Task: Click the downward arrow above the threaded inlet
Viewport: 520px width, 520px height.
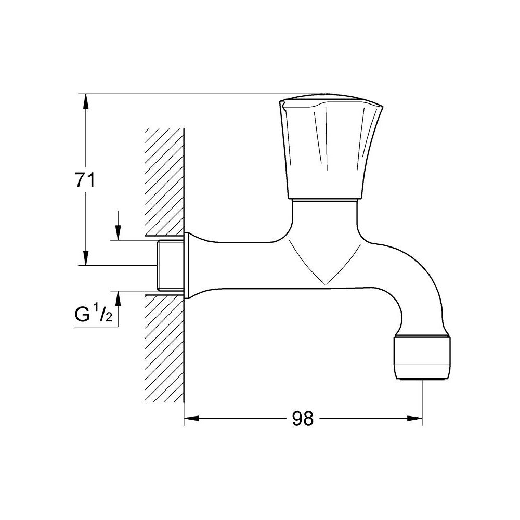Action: pyautogui.click(x=119, y=233)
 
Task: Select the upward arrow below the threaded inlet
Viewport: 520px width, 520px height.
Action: pyautogui.click(x=119, y=297)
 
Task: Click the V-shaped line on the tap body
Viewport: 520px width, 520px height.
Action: pyautogui.click(x=324, y=270)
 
